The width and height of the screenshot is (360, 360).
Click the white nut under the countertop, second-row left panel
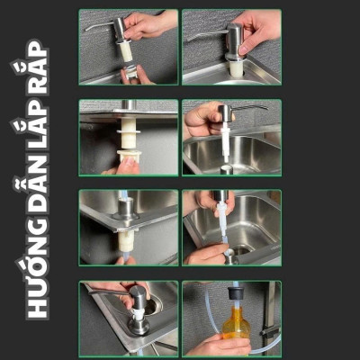coord(129,144)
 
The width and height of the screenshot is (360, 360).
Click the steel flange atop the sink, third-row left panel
coord(127,209)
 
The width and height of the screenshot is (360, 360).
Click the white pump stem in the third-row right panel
coord(219,220)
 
